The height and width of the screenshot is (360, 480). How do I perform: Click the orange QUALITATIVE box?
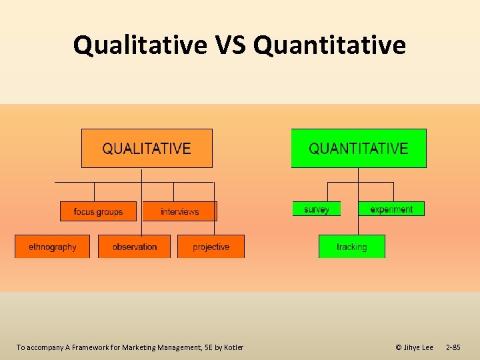[147, 148]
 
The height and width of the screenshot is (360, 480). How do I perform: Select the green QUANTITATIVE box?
[359, 148]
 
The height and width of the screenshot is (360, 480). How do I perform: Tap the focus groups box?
[98, 211]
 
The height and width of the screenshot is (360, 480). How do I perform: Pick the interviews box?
[179, 211]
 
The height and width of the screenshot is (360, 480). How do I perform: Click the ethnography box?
[52, 247]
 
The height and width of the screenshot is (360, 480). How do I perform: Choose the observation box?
[134, 247]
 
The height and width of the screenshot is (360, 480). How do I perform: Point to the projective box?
[211, 247]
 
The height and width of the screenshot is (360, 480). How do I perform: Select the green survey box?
[316, 209]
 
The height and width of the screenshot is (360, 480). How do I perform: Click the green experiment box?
[391, 209]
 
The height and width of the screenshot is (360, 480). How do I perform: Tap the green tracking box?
[351, 247]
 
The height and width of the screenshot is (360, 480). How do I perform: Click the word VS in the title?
[231, 45]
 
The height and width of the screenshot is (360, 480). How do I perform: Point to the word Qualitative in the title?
[141, 45]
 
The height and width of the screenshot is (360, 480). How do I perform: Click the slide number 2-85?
[453, 347]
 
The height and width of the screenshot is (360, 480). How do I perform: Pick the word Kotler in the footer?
[233, 347]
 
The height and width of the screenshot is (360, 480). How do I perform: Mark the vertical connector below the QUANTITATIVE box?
[358, 175]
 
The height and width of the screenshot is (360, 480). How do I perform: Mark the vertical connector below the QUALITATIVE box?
[141, 175]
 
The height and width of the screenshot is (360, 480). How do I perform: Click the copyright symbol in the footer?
[399, 347]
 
